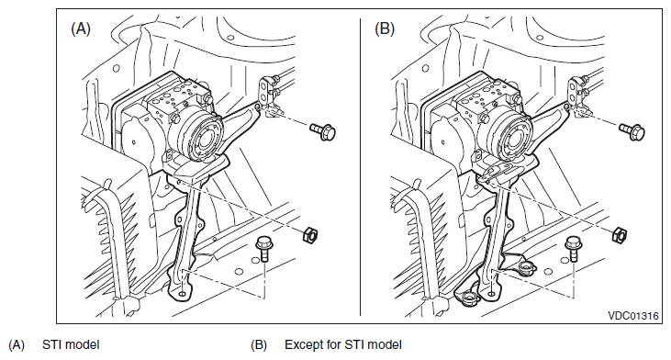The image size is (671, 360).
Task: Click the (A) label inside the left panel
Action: (x=81, y=28)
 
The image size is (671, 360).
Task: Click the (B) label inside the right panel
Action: (x=385, y=28)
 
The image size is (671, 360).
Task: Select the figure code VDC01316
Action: (x=633, y=316)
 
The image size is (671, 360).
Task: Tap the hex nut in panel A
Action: (x=310, y=234)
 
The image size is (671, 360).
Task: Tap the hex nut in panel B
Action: (x=620, y=234)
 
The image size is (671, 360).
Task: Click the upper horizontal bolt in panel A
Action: (x=323, y=130)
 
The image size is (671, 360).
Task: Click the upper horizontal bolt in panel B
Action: (x=632, y=130)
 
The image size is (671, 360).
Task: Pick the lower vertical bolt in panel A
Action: (x=263, y=249)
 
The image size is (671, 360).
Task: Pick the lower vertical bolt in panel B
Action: (x=573, y=249)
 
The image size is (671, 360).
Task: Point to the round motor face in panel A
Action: (x=207, y=138)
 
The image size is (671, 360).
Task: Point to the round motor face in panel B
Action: (x=517, y=138)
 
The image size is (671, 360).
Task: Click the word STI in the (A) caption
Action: (x=50, y=344)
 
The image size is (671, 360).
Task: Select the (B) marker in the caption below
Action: (x=259, y=345)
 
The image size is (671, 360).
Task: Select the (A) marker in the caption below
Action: (x=17, y=345)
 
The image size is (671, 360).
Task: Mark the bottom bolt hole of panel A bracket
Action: (x=183, y=294)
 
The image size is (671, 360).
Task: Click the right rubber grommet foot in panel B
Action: (x=525, y=269)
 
